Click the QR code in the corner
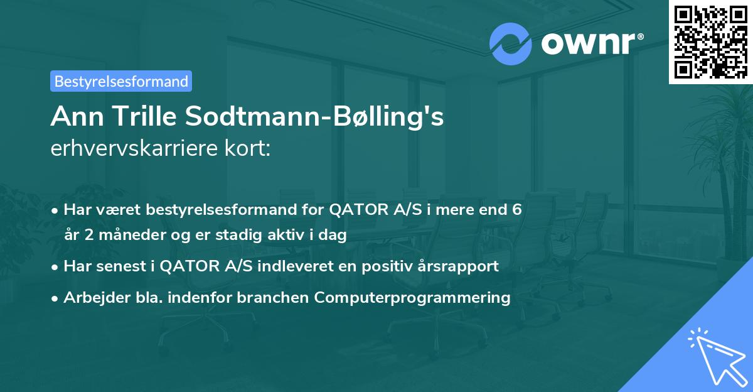click(x=710, y=41)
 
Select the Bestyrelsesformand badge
click(x=121, y=81)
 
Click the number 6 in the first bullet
click(x=516, y=210)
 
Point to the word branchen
click(x=275, y=297)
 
